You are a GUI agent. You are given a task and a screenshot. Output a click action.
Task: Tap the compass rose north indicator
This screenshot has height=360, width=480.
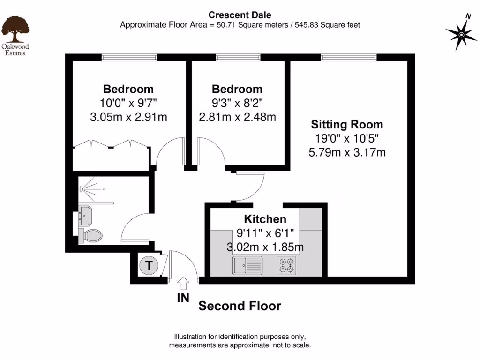[x=461, y=34]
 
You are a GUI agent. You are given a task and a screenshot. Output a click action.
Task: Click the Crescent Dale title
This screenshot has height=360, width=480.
[x=240, y=15]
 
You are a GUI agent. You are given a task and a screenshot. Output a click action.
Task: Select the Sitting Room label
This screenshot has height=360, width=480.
[x=347, y=124]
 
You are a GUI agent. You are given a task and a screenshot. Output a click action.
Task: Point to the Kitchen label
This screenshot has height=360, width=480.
[x=265, y=219]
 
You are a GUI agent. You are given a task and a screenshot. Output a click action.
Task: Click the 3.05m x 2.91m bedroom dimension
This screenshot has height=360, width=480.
[x=128, y=117]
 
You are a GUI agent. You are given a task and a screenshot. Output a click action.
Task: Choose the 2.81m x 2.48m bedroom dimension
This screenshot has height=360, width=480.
[x=237, y=117]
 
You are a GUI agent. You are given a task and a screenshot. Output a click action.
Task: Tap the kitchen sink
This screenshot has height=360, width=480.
[x=247, y=265]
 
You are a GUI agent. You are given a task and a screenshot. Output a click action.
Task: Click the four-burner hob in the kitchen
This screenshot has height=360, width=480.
[x=286, y=265]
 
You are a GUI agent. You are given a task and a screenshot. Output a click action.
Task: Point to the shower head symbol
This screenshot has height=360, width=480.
[x=82, y=189]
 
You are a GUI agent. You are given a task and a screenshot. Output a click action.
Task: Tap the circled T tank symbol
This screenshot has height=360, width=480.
[x=149, y=266]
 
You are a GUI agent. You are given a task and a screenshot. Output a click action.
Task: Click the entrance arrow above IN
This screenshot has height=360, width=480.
[x=183, y=283]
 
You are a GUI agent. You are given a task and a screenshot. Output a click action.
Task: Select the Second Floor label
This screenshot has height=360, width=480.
[x=240, y=306]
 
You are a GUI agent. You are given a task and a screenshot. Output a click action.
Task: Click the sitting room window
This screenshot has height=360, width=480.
[x=349, y=57]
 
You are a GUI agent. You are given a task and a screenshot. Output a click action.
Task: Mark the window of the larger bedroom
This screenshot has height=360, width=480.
[x=129, y=57]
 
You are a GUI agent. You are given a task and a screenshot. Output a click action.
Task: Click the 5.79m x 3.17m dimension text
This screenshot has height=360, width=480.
[x=347, y=152]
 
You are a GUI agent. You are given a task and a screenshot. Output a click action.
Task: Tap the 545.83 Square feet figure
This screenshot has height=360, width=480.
[x=327, y=25]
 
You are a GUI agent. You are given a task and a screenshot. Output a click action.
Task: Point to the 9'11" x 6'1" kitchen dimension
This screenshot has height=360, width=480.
[x=265, y=233]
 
